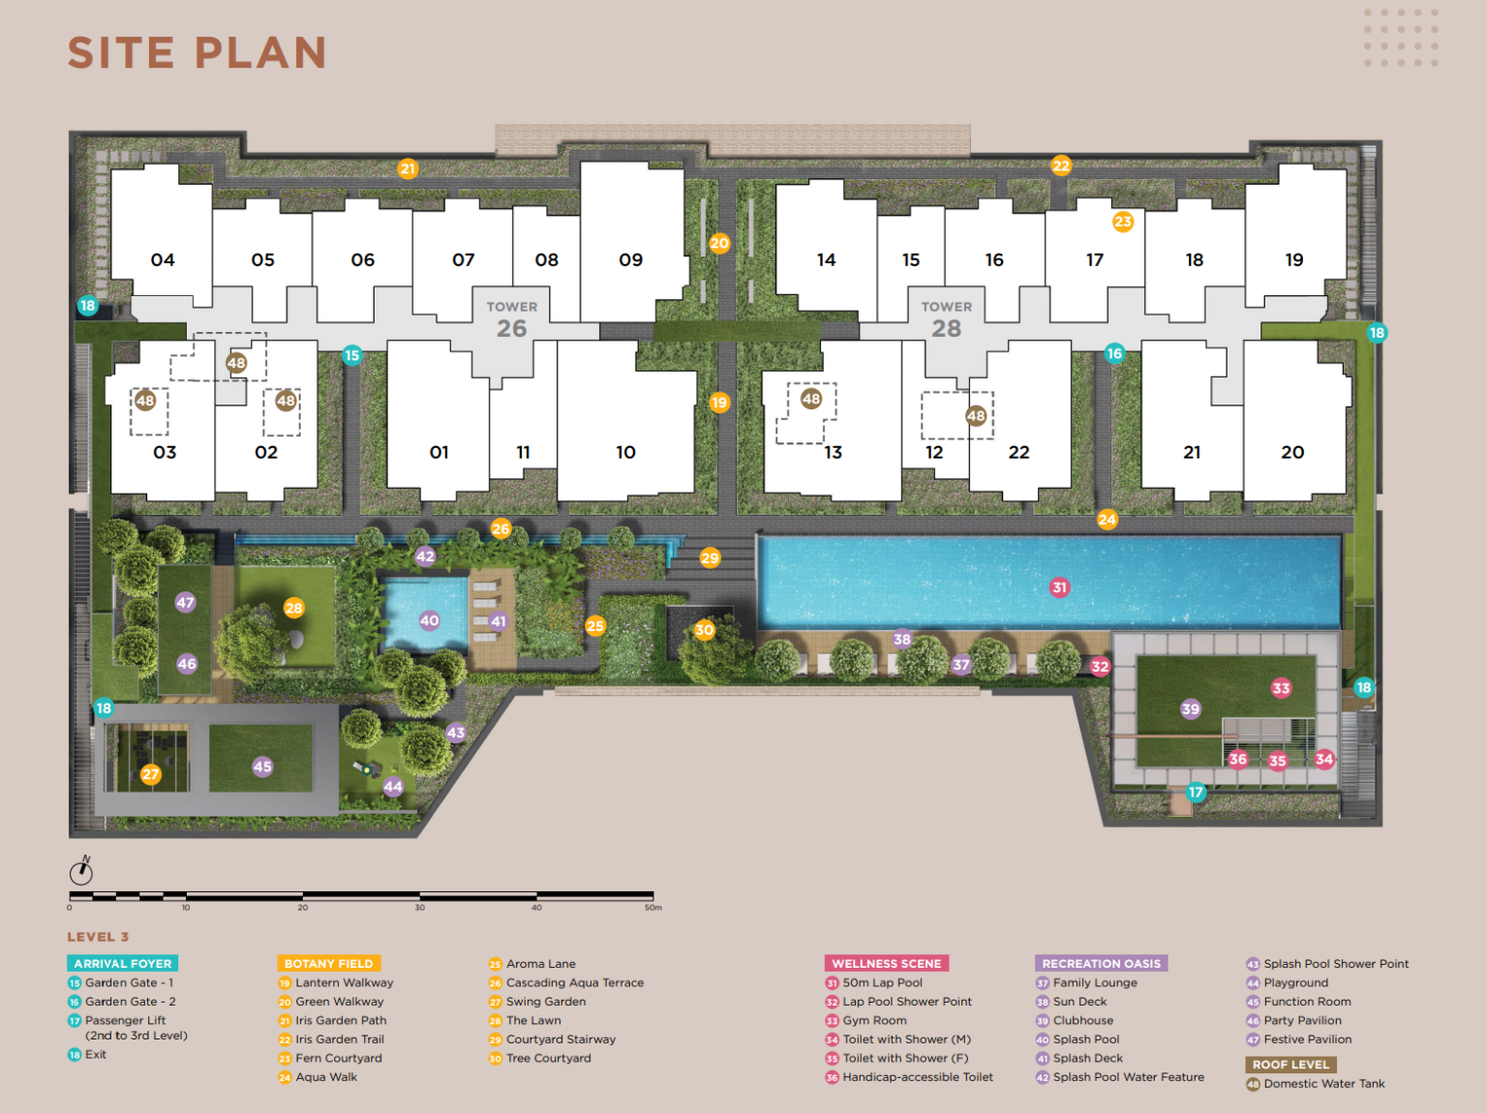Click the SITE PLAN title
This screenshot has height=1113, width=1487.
[197, 53]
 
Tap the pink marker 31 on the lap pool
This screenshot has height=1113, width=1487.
[1059, 587]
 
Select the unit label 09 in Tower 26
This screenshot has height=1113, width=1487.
[630, 260]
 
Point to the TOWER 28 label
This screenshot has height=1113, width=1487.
[947, 319]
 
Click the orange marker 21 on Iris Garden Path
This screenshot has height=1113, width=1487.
[408, 168]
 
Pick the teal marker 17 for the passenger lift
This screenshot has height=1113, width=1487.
[1196, 792]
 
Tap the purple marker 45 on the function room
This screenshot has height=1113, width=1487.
[262, 767]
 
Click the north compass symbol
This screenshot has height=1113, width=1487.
[82, 871]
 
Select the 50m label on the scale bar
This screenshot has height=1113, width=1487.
[653, 908]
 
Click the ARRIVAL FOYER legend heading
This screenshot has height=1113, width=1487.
[123, 963]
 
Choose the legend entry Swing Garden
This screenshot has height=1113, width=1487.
[546, 1002]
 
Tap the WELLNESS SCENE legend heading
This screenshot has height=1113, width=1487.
[886, 963]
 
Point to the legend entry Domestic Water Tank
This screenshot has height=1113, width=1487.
[1323, 1084]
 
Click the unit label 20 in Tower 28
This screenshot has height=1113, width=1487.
[1292, 452]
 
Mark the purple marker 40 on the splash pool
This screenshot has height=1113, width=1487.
[429, 620]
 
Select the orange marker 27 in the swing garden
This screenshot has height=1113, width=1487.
[150, 774]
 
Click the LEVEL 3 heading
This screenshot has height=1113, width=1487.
[98, 937]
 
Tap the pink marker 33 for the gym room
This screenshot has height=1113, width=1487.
[1281, 688]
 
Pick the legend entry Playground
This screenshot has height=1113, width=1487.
[1296, 982]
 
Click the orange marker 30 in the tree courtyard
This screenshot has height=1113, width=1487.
[704, 630]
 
